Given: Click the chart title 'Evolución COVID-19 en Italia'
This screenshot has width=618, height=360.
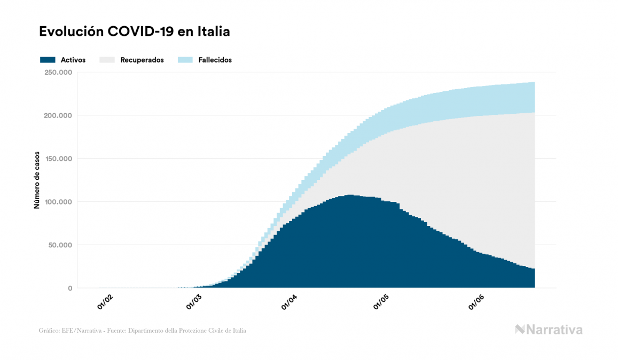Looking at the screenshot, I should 134,32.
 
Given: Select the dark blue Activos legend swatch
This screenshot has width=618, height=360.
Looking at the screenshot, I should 48,60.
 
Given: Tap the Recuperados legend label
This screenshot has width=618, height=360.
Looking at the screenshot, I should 142,60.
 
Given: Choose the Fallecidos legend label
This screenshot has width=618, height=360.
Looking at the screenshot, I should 215,60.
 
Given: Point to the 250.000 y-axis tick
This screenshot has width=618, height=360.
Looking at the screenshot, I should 59,73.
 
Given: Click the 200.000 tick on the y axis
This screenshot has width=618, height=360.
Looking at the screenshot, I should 59,115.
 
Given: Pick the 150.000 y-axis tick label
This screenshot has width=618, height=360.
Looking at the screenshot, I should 59,159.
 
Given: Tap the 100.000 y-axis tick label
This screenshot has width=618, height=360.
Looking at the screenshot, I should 59,202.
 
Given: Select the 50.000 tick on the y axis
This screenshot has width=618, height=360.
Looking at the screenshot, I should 60,245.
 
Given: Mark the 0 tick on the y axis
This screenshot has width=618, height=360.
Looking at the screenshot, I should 70,288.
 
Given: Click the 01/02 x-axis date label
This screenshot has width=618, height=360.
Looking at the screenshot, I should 105,302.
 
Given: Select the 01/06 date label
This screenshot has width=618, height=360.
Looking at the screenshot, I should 477,302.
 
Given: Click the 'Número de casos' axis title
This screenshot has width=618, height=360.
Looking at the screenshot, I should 37,180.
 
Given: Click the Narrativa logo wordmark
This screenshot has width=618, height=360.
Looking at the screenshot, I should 554,330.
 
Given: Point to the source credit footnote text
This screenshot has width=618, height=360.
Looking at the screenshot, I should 143,331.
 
